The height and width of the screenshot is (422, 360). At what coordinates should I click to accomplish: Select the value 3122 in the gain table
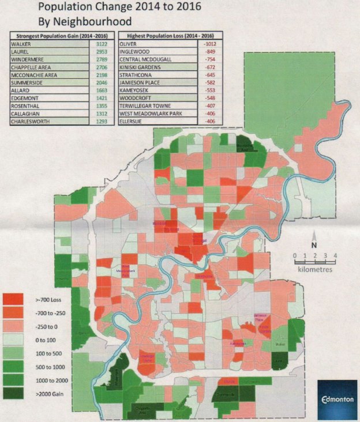tap(103, 43)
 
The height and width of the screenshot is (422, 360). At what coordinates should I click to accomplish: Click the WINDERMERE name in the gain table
tap(27, 59)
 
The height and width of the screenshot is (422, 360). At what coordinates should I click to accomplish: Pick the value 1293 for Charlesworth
tap(103, 122)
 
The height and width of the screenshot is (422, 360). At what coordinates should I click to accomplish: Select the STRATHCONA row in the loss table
tap(136, 75)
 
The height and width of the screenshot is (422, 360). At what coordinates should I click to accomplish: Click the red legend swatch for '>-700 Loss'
tap(14, 299)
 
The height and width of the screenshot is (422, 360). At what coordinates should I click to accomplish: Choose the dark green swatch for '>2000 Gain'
tap(14, 395)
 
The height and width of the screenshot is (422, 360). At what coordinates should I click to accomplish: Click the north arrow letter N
tap(314, 243)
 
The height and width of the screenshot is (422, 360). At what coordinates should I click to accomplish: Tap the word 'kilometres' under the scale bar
tap(314, 269)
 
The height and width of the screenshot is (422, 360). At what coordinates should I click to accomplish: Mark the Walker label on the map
tap(281, 344)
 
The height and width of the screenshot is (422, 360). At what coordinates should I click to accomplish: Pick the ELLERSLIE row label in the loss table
tap(133, 122)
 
